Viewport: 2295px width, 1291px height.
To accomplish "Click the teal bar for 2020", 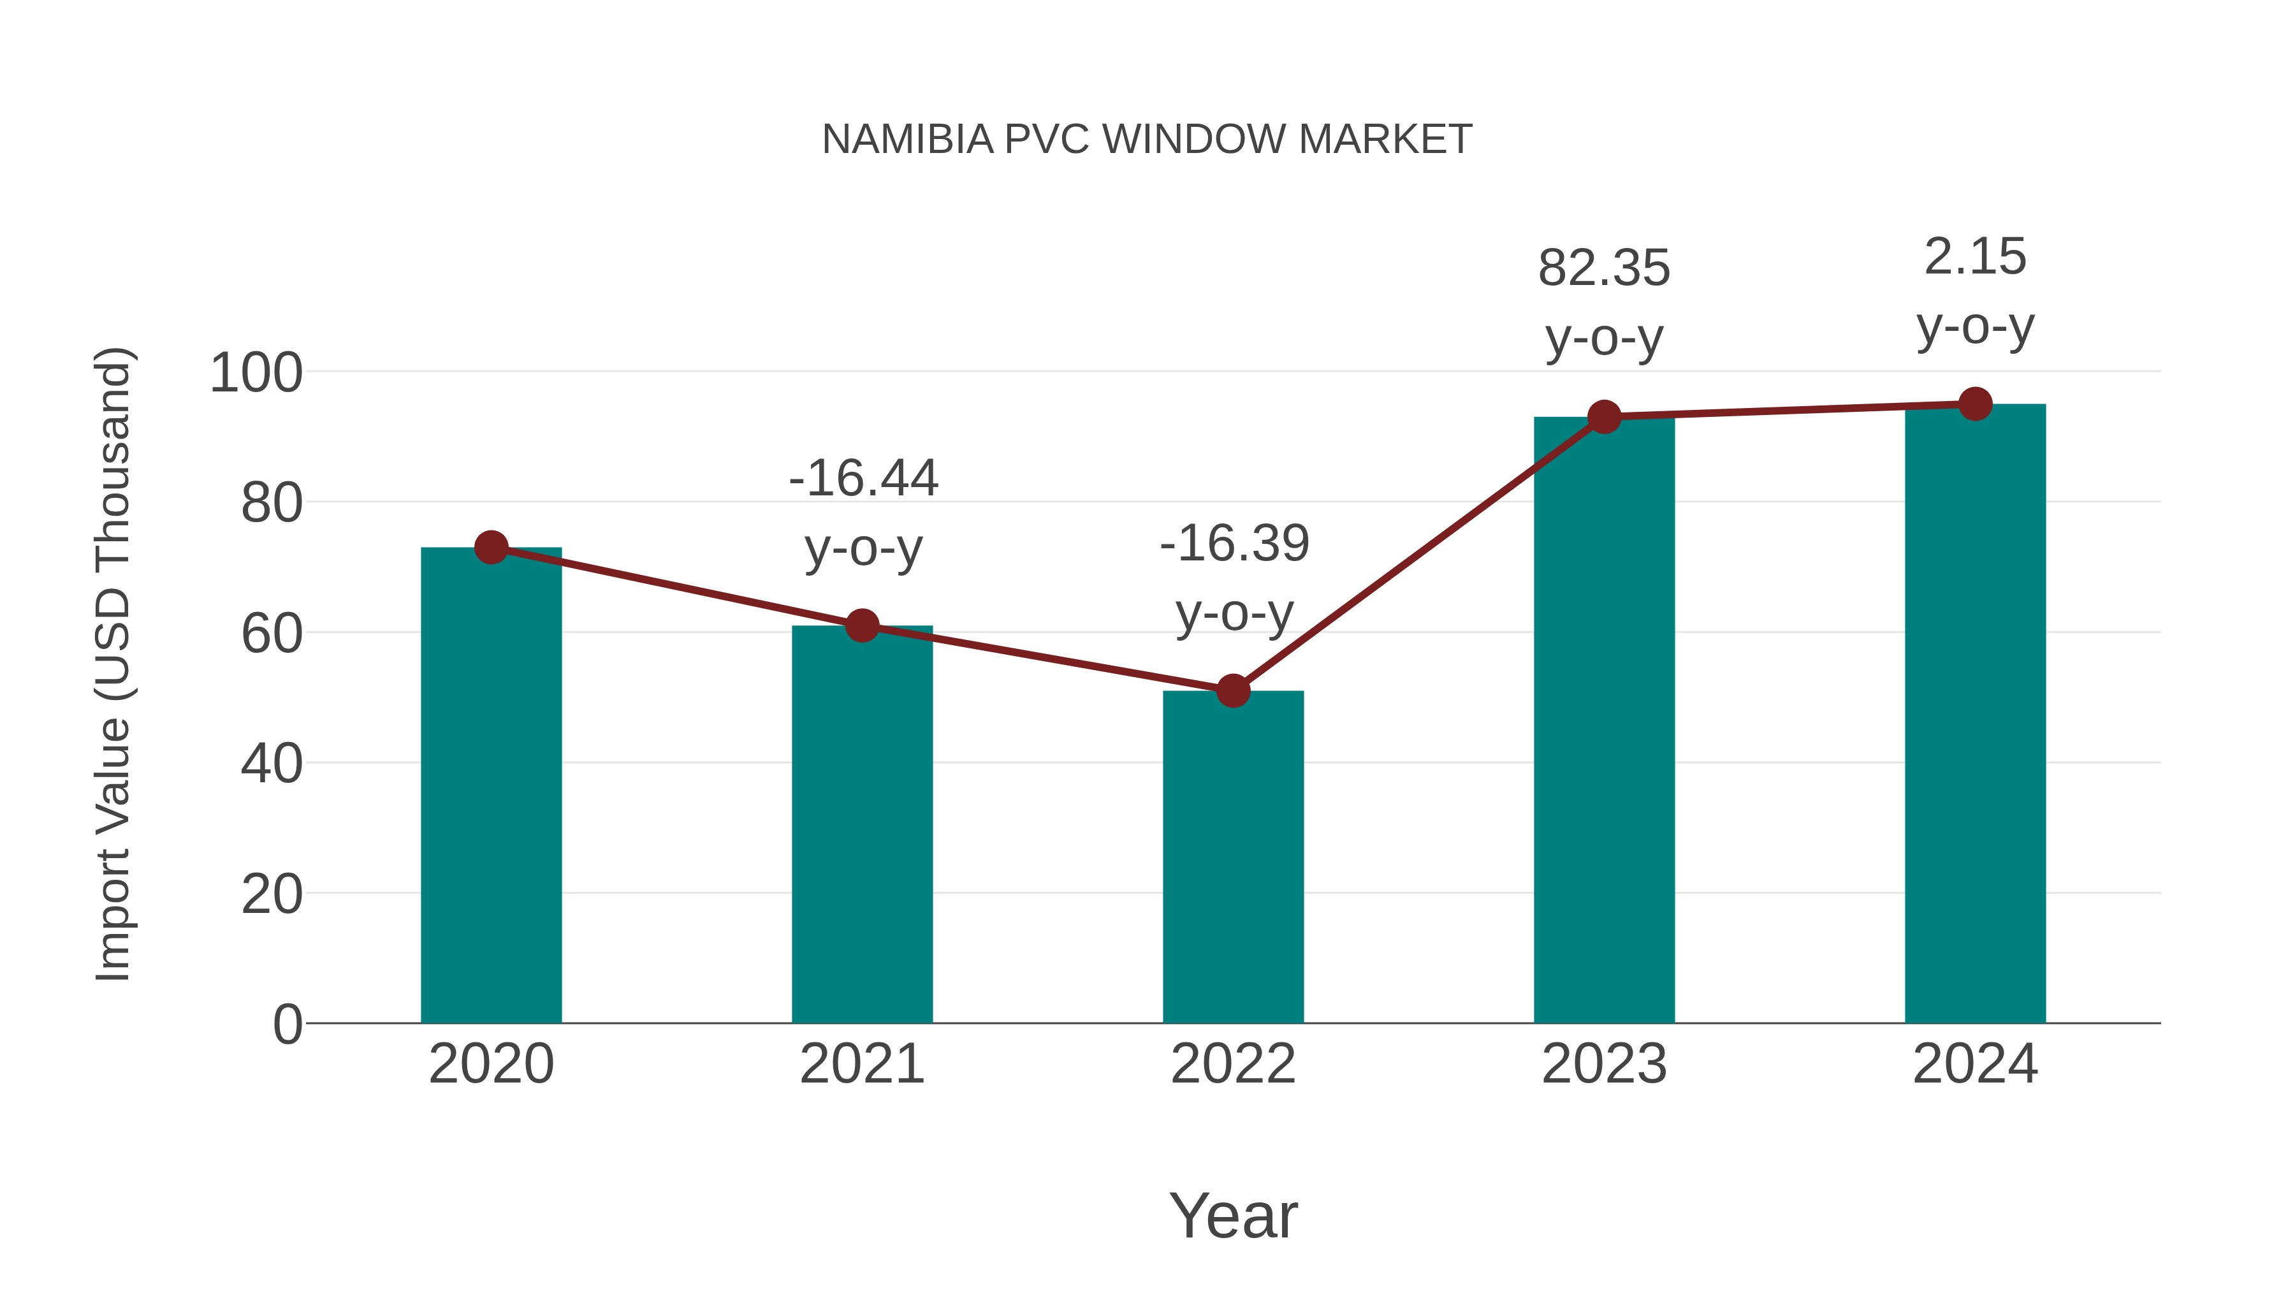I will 491,784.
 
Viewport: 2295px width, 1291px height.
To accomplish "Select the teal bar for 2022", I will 1233,856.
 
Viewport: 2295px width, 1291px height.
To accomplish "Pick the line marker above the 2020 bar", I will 491,547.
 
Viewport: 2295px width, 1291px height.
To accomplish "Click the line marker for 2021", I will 861,625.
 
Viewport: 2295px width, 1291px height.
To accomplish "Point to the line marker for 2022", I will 1233,690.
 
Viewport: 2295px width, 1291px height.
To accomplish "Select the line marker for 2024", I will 1975,404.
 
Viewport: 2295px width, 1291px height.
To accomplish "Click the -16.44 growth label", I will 863,478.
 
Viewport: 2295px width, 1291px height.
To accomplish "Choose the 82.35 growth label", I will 1604,268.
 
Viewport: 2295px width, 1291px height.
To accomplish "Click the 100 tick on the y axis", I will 256,374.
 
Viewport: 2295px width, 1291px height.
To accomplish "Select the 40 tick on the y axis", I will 271,764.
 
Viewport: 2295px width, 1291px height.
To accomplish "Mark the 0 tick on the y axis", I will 287,1025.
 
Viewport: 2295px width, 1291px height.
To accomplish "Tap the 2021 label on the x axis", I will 861,1064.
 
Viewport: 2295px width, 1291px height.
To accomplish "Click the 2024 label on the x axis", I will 1975,1064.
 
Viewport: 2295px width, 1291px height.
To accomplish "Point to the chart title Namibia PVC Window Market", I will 1147,139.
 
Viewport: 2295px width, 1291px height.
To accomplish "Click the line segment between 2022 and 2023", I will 1418,554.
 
